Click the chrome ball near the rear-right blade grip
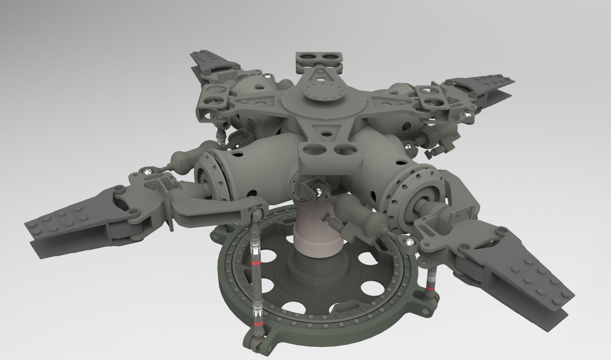coord(467,114)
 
